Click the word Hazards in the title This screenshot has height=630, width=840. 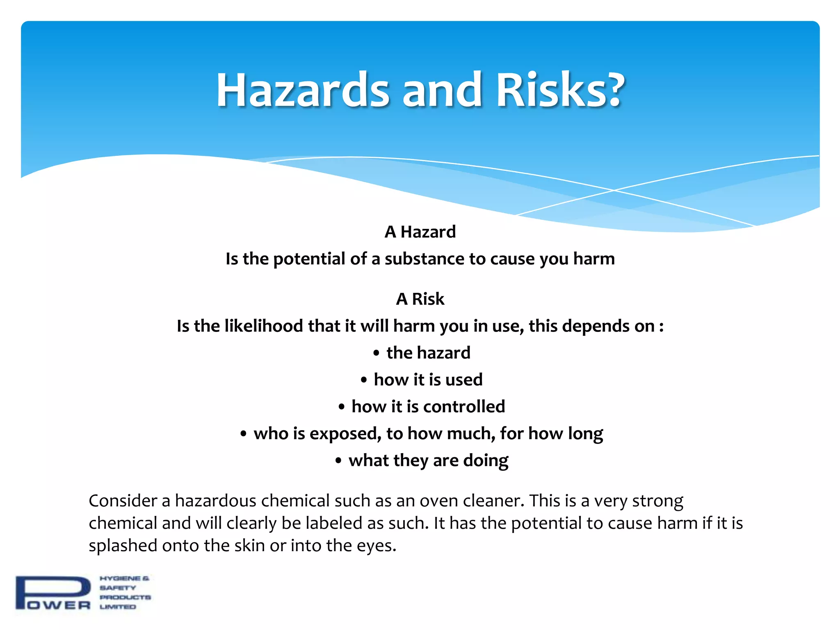pos(302,90)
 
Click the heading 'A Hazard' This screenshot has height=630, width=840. pos(420,232)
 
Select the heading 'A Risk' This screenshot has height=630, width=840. pos(420,299)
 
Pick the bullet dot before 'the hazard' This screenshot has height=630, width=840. pos(376,353)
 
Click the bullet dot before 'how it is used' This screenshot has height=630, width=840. pos(363,380)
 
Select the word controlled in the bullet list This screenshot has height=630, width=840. pos(464,407)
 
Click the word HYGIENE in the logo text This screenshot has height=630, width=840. pos(120,578)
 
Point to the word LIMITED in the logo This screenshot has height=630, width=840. pos(118,607)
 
